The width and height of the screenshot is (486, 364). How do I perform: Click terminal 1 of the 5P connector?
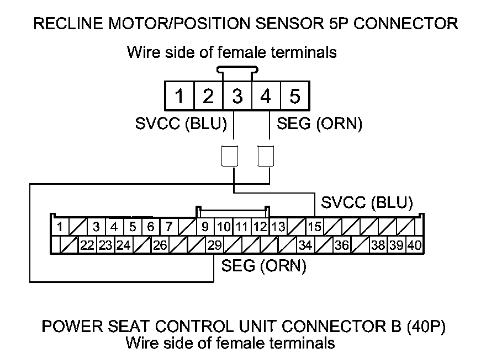click(x=179, y=97)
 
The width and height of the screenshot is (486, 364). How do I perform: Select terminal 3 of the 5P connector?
click(x=237, y=97)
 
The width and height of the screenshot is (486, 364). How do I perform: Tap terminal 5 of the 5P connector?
click(x=294, y=97)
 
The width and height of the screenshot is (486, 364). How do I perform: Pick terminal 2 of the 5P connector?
click(x=208, y=97)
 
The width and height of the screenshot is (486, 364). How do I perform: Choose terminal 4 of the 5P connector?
click(x=266, y=97)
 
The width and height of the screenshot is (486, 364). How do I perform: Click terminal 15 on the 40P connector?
click(x=315, y=226)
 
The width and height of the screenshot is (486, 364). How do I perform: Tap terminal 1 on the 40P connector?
click(x=59, y=226)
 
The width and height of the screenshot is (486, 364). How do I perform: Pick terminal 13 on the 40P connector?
click(x=278, y=226)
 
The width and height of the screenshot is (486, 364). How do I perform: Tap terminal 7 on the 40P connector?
click(x=169, y=226)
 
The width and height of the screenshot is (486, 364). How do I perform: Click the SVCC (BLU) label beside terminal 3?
click(x=181, y=124)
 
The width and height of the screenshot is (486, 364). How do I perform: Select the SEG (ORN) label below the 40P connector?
click(x=263, y=266)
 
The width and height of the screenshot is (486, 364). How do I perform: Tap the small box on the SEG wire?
click(x=267, y=156)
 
